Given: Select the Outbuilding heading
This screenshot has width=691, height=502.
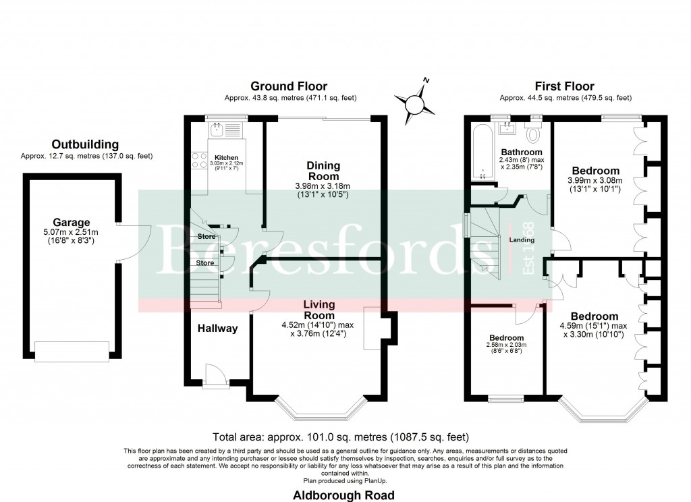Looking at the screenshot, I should [x=86, y=144].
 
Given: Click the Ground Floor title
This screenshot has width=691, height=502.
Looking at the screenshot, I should [x=289, y=86].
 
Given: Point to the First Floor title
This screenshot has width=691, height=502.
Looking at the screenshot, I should [x=564, y=86].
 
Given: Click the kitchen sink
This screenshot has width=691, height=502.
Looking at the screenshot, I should [x=219, y=126].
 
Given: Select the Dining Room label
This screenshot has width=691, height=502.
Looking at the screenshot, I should [x=323, y=171].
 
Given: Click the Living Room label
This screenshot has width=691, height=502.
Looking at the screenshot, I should [x=318, y=310].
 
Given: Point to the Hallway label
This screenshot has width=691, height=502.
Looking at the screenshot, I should [x=217, y=329].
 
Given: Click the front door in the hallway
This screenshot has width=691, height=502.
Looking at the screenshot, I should [x=215, y=374].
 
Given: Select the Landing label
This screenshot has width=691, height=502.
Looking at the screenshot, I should [x=521, y=240].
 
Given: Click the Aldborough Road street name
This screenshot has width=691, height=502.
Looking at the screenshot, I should [x=344, y=495].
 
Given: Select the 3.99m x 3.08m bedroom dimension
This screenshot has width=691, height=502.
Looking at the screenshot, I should [x=595, y=181].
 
